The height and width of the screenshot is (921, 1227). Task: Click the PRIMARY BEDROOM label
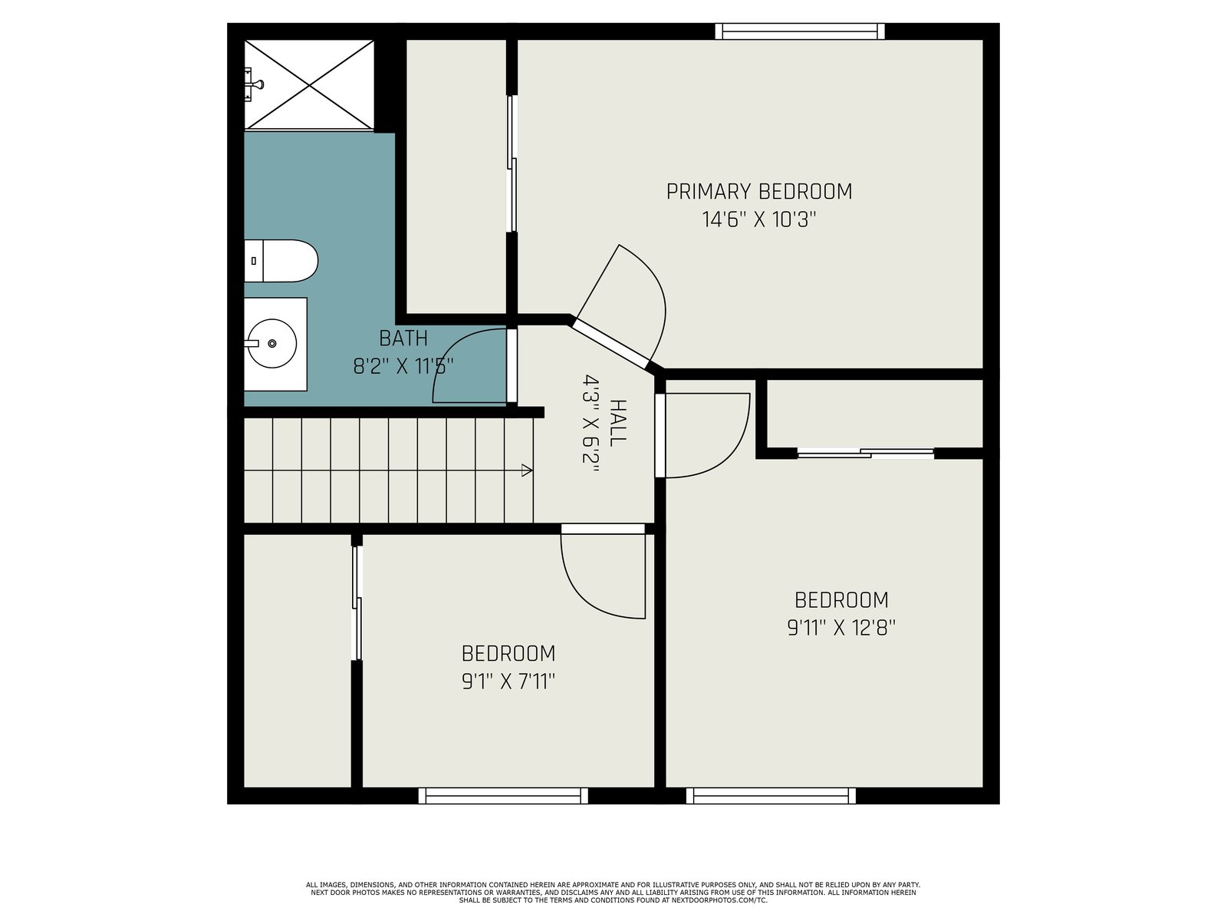tap(758, 191)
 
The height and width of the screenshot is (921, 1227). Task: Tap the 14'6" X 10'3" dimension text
tap(759, 220)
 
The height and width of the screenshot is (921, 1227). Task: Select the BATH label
tap(403, 338)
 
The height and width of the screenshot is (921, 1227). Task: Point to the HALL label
tap(618, 423)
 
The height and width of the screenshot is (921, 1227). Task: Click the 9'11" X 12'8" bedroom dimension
tap(841, 627)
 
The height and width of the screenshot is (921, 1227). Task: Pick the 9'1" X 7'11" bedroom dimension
tap(508, 681)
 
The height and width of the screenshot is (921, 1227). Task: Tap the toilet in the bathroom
tap(281, 261)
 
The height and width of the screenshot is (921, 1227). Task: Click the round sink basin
tap(272, 343)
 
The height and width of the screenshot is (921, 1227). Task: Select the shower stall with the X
tap(309, 85)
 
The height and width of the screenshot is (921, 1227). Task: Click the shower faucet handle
tap(256, 84)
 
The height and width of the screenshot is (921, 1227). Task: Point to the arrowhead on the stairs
tap(527, 470)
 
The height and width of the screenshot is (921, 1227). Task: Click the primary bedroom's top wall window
tap(800, 31)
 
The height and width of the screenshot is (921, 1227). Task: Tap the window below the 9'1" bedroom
tap(503, 795)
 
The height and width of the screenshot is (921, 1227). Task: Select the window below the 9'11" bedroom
tap(771, 795)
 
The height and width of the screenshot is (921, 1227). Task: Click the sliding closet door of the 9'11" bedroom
tap(865, 453)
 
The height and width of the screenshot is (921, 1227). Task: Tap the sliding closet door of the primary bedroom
tap(512, 163)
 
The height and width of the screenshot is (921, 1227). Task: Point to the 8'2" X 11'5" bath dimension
tap(403, 366)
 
